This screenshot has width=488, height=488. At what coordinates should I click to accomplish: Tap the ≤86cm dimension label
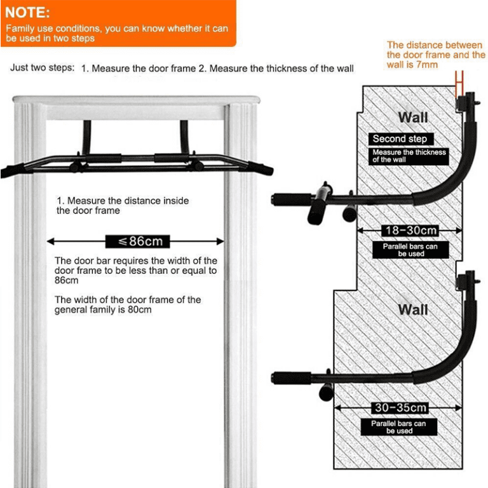pyautogui.click(x=136, y=241)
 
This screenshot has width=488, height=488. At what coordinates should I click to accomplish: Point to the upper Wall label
pyautogui.click(x=413, y=117)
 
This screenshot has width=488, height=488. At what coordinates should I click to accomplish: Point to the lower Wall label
pyautogui.click(x=413, y=309)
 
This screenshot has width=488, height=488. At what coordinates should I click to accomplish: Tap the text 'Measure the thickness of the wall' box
pyautogui.click(x=409, y=156)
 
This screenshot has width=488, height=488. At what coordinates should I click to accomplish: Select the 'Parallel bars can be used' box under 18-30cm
pyautogui.click(x=410, y=250)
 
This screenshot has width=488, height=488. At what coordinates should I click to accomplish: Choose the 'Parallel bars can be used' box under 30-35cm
pyautogui.click(x=399, y=427)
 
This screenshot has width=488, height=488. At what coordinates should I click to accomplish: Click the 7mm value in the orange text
pyautogui.click(x=427, y=65)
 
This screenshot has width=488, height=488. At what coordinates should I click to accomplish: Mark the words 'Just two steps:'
pyautogui.click(x=42, y=68)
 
